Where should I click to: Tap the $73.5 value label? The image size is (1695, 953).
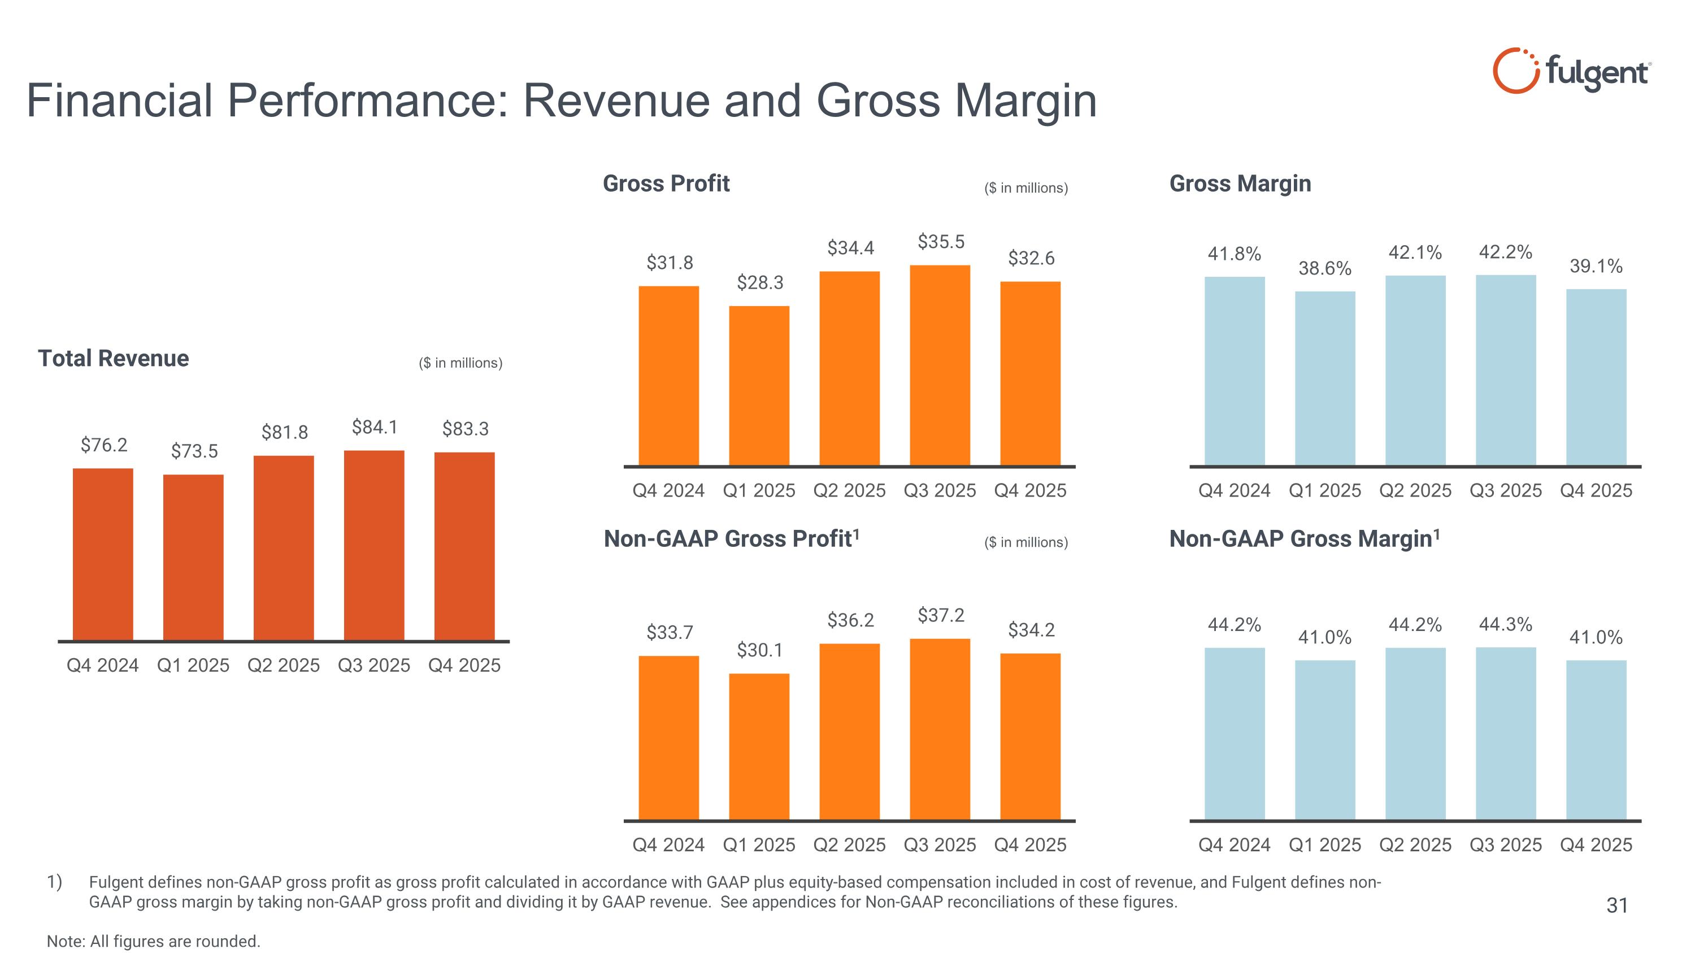tap(194, 451)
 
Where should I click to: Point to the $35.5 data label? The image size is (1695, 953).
tap(941, 242)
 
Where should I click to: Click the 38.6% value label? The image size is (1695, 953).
tap(1324, 268)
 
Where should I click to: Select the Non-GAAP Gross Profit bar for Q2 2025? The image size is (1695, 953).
tap(849, 732)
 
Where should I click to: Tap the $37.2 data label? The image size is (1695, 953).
tap(941, 616)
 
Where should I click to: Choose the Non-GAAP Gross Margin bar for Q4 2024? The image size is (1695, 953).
tap(1235, 733)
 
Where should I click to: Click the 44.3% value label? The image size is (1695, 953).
tap(1506, 624)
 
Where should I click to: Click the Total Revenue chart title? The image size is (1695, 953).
tap(113, 359)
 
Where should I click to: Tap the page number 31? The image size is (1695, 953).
tap(1616, 906)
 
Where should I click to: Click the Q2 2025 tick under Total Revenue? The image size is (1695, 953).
tap(283, 665)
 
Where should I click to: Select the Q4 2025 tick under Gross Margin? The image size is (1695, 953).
tap(1596, 491)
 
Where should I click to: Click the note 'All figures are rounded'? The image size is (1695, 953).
tap(153, 941)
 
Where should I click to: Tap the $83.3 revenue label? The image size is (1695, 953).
tap(465, 429)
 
